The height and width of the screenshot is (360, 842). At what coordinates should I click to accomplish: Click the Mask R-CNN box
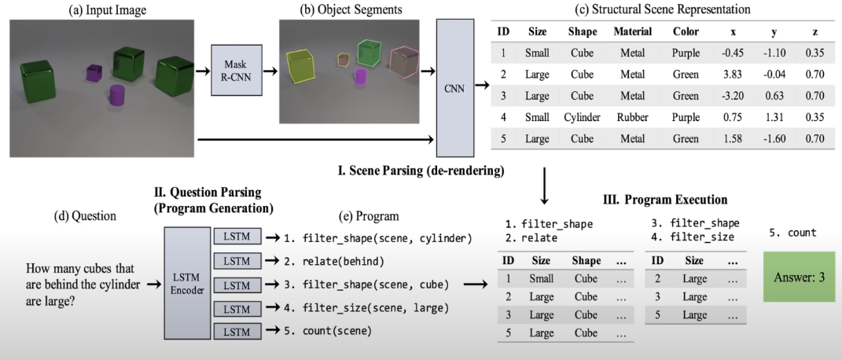pos(233,70)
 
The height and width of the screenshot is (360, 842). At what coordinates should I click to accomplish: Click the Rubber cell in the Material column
pos(633,118)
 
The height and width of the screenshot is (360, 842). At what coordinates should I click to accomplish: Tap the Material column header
pos(632,32)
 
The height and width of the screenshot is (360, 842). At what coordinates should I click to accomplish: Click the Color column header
pos(686,32)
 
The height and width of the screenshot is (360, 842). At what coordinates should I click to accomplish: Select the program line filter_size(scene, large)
pos(366,307)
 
